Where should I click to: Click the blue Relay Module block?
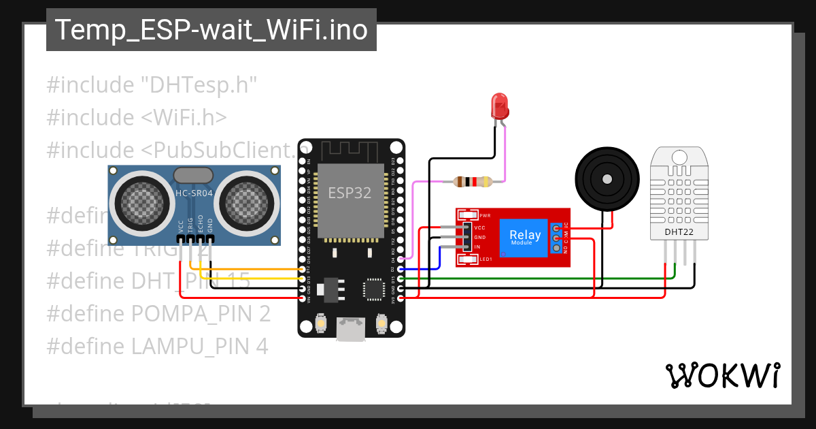coord(525,238)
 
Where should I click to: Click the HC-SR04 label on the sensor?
coord(194,193)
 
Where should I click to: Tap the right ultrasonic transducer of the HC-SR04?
coord(248,202)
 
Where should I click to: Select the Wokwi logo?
coord(722,376)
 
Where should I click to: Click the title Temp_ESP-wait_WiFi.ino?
coord(211,31)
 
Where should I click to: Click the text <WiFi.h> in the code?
coord(184,117)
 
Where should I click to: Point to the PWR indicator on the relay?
coord(483,214)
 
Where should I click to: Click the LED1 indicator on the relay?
coord(483,259)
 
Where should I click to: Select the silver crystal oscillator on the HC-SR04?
coord(193,175)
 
